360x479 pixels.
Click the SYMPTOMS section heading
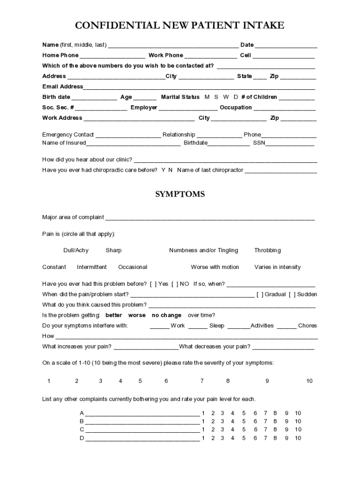(180, 194)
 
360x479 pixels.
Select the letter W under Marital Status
(226, 97)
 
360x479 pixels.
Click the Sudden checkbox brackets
(292, 294)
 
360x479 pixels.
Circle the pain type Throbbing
(267, 250)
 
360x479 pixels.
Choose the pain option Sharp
(114, 250)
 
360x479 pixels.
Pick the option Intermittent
(92, 267)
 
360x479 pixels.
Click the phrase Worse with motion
(215, 267)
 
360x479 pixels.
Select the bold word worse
(137, 315)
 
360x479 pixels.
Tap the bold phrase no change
(167, 315)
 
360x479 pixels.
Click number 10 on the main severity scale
(309, 381)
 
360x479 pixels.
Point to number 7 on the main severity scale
(202, 381)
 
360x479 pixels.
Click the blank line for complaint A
(142, 414)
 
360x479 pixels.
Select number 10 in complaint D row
(298, 438)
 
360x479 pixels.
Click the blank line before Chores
(287, 326)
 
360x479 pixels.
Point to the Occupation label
(236, 108)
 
